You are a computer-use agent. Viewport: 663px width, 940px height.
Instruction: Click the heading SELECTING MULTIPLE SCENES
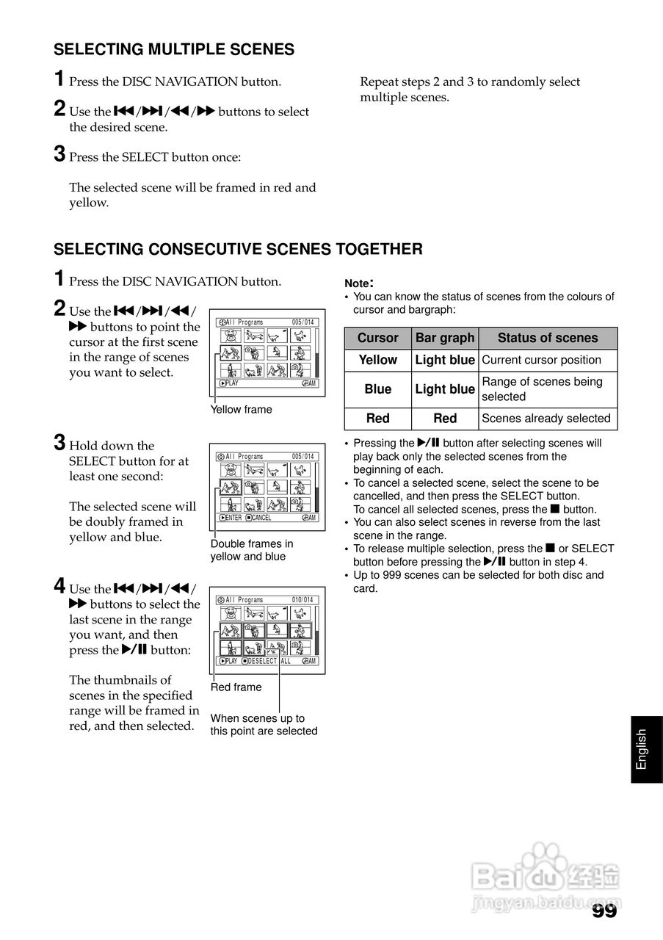pyautogui.click(x=174, y=49)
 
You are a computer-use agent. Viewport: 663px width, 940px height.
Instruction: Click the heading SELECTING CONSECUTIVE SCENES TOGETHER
pyautogui.click(x=238, y=249)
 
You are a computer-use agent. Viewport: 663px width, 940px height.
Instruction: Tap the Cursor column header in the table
pyautogui.click(x=377, y=338)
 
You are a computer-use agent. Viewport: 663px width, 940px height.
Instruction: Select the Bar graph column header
pyautogui.click(x=445, y=338)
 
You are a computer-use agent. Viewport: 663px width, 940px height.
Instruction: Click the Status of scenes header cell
pyautogui.click(x=547, y=338)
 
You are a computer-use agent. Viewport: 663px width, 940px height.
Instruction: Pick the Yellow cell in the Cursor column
pyautogui.click(x=377, y=360)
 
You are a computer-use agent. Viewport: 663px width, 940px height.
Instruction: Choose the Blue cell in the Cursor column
pyautogui.click(x=377, y=389)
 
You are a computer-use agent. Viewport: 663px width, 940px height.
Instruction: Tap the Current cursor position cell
pyautogui.click(x=541, y=360)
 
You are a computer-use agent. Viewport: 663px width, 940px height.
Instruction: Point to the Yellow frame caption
pyautogui.click(x=241, y=410)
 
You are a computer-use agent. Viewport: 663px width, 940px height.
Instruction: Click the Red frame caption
pyautogui.click(x=236, y=687)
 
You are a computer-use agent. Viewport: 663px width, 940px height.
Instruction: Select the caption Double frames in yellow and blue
pyautogui.click(x=251, y=550)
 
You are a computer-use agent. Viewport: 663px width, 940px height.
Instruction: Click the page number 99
pyautogui.click(x=604, y=911)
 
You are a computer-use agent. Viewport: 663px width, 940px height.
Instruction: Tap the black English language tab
pyautogui.click(x=642, y=749)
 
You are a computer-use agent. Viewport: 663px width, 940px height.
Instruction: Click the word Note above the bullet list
pyautogui.click(x=358, y=283)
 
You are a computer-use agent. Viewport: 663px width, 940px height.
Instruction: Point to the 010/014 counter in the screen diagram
pyautogui.click(x=302, y=600)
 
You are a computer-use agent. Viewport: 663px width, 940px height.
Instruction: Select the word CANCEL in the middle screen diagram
pyautogui.click(x=261, y=518)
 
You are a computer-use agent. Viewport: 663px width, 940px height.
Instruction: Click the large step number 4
pyautogui.click(x=59, y=586)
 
